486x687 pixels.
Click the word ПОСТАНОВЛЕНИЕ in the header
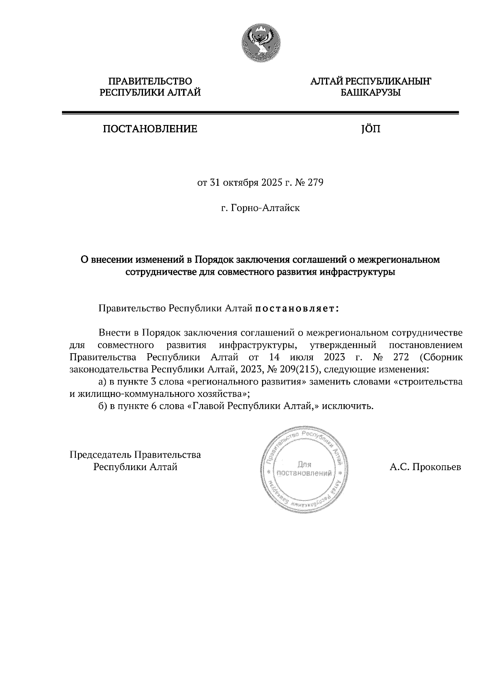pyautogui.click(x=150, y=129)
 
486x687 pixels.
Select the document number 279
pyautogui.click(x=315, y=183)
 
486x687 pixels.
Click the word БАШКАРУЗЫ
pyautogui.click(x=371, y=93)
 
